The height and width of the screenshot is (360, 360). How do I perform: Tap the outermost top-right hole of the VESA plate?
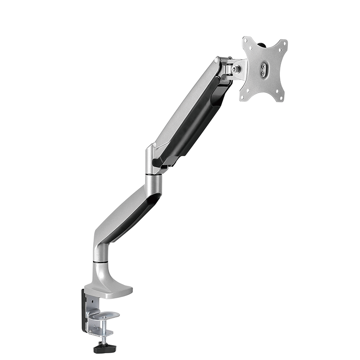click(284, 44)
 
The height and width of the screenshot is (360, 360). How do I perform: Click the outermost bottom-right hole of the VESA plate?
click(281, 98)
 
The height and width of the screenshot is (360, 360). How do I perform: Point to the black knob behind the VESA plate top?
click(262, 45)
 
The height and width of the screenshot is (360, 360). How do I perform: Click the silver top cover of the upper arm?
click(184, 103)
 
